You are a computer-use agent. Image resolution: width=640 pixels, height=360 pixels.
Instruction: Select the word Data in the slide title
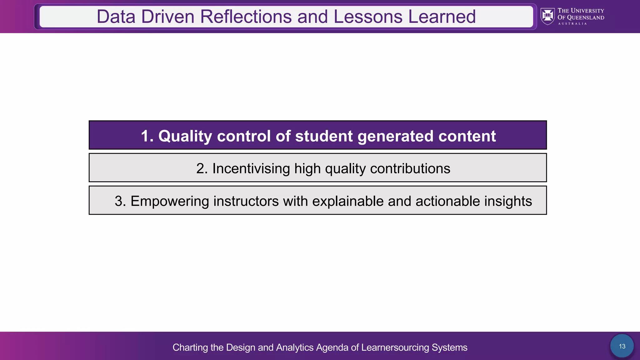pyautogui.click(x=116, y=17)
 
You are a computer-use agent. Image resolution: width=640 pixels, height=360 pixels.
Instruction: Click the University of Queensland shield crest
pyautogui.click(x=547, y=16)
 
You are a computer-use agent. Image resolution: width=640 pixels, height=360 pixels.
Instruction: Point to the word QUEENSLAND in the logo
pyautogui.click(x=585, y=18)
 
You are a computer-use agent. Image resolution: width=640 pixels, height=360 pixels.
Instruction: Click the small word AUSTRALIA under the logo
pyautogui.click(x=572, y=24)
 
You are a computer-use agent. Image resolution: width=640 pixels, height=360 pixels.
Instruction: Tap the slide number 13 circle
pyautogui.click(x=622, y=346)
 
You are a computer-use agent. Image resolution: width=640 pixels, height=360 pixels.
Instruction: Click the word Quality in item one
pyautogui.click(x=185, y=136)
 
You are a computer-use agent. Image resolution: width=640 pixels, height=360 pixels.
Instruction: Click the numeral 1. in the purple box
pyautogui.click(x=147, y=136)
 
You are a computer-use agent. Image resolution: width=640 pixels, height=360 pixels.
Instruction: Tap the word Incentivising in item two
pyautogui.click(x=251, y=169)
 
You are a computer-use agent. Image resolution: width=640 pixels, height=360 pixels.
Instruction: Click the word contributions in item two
pyautogui.click(x=410, y=169)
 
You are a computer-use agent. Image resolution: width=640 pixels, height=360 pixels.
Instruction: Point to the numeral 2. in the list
pyautogui.click(x=202, y=169)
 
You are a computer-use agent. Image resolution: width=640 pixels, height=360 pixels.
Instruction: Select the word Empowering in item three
pyautogui.click(x=170, y=201)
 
